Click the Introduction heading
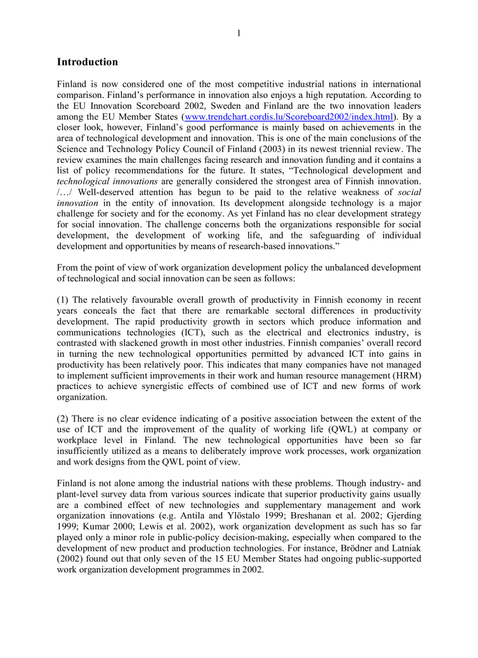(87, 62)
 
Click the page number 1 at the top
(239, 33)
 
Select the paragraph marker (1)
(63, 300)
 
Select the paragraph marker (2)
(63, 419)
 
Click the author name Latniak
(407, 548)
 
